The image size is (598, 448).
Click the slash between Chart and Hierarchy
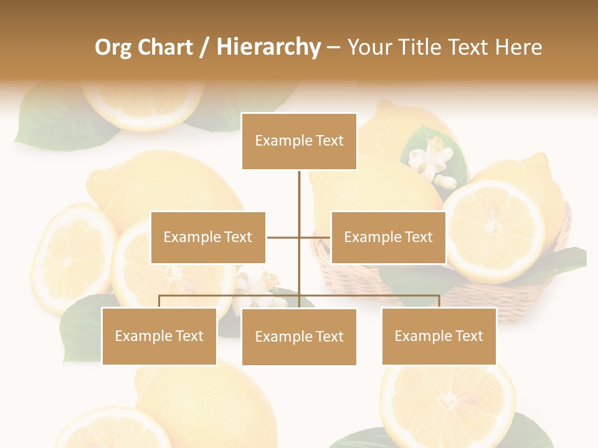pyautogui.click(x=204, y=48)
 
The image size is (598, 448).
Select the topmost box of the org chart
pyautogui.click(x=299, y=141)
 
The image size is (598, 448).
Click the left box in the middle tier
pyautogui.click(x=208, y=237)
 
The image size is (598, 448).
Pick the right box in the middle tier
pyautogui.click(x=388, y=237)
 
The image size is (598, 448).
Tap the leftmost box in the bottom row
pyautogui.click(x=159, y=336)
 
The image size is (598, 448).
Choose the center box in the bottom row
pyautogui.click(x=299, y=337)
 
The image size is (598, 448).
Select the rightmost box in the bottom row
pyautogui.click(x=439, y=336)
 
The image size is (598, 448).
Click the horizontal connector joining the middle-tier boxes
pyautogui.click(x=283, y=237)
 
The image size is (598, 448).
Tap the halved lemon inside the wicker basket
pyautogui.click(x=492, y=230)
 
